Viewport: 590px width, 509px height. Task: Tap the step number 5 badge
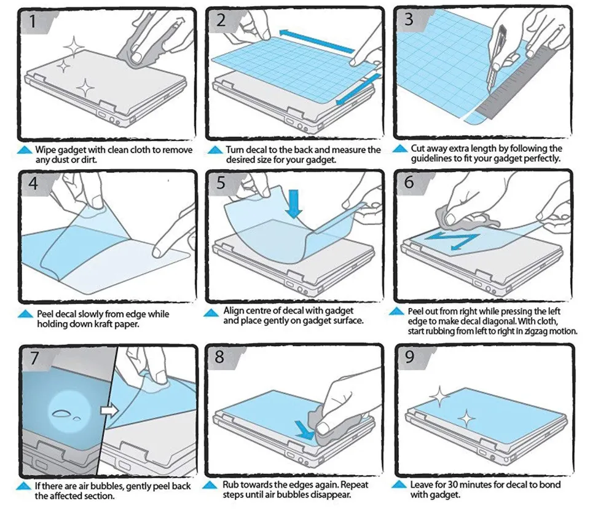click(x=220, y=183)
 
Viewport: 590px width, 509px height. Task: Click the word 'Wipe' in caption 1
click(x=45, y=150)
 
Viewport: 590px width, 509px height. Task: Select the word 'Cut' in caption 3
click(x=419, y=148)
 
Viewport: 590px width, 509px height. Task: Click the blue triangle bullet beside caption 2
click(x=214, y=149)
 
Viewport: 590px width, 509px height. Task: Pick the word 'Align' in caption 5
click(x=234, y=311)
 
